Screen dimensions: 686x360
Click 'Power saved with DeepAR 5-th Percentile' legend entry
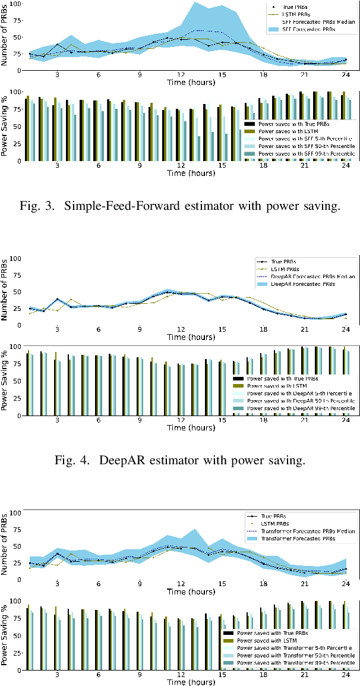click(x=299, y=393)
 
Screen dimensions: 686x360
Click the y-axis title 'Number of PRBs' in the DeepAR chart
click(x=5, y=289)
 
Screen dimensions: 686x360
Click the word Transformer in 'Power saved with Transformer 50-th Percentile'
click(x=293, y=654)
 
